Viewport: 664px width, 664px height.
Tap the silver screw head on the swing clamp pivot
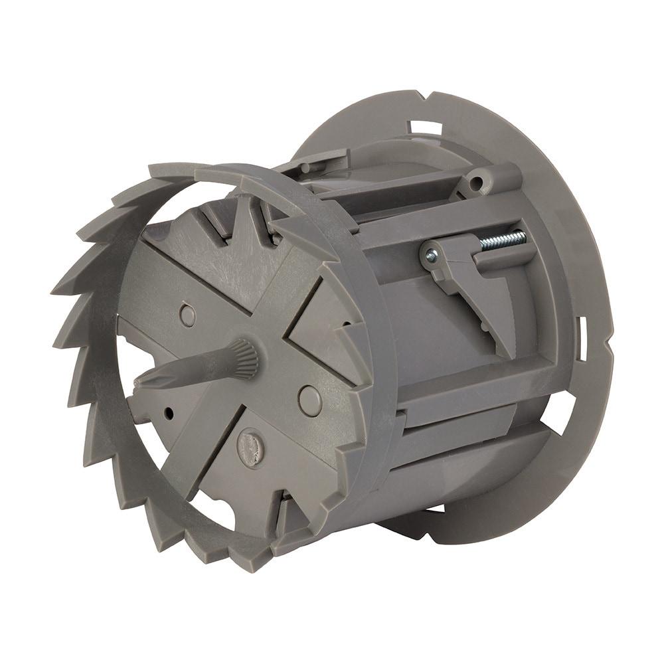click(431, 254)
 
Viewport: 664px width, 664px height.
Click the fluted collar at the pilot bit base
click(244, 359)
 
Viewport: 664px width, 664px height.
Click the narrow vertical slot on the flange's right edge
click(582, 332)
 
